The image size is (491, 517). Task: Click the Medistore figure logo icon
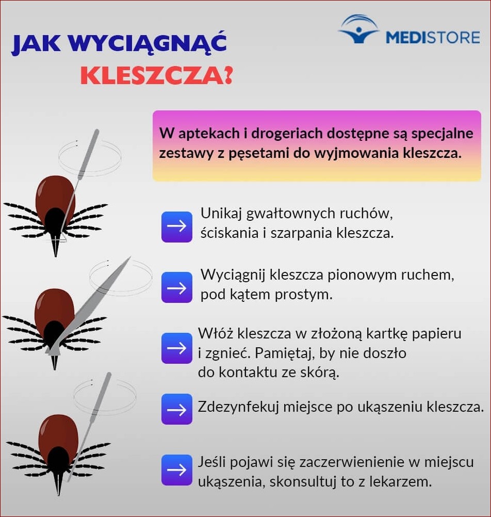coord(358,30)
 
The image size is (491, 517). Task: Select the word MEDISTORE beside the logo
coord(433,38)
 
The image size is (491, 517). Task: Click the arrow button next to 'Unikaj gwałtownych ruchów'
coord(177,227)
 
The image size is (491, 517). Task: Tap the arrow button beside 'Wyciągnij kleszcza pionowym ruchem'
coord(177,287)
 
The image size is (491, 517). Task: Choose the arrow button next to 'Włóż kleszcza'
coord(177,348)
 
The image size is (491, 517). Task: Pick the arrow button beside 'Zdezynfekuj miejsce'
coord(177,409)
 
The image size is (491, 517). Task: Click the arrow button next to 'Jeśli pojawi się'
coord(177,470)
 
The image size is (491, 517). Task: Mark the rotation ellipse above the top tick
coord(90,154)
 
